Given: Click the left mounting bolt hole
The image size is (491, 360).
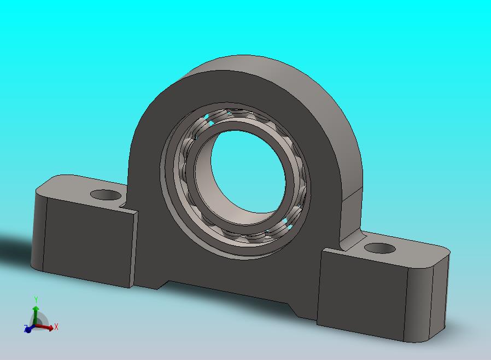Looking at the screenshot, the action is click(106, 195).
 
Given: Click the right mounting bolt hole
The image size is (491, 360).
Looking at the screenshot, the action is click(380, 248).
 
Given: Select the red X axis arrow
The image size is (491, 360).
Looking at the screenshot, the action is click(44, 327).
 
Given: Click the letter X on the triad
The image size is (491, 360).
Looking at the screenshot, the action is click(56, 327).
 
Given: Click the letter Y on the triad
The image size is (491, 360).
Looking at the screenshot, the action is click(36, 300).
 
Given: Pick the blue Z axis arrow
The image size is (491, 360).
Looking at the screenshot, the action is click(28, 329).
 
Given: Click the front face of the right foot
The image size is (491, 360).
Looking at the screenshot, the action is click(361, 293).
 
